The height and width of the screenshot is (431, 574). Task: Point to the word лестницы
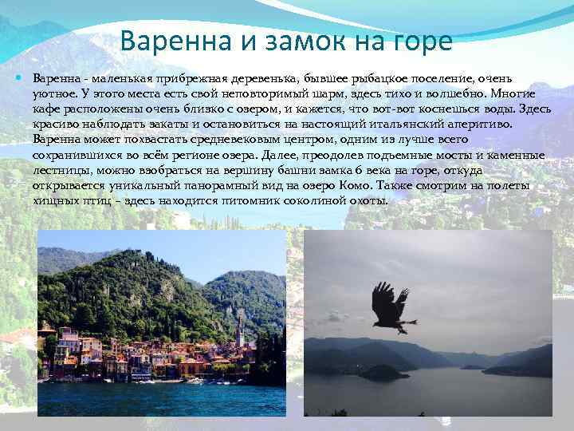pyautogui.click(x=61, y=170)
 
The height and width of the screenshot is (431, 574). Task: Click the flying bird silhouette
pyautogui.click(x=390, y=307)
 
